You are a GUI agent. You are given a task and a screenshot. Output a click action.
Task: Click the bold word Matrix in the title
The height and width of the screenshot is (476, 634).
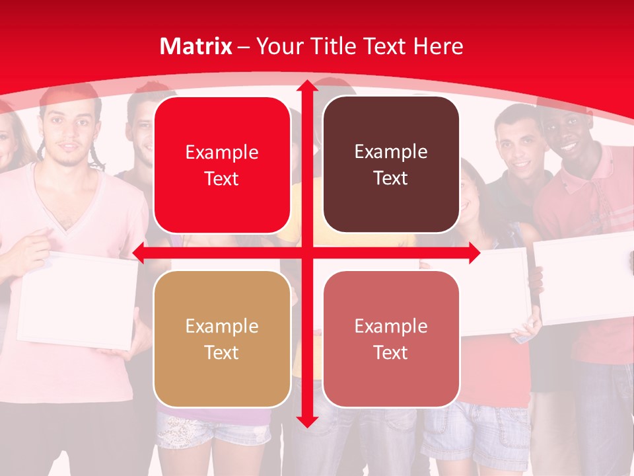[x=196, y=46]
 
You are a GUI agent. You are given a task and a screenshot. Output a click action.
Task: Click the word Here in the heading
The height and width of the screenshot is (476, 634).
[x=439, y=46]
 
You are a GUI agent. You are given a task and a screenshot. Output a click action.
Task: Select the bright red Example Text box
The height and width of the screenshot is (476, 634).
[x=222, y=165]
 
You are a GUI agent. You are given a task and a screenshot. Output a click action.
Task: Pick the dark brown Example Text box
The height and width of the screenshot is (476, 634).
[x=391, y=165]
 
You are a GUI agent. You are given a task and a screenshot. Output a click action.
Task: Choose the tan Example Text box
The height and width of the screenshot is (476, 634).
[x=222, y=338]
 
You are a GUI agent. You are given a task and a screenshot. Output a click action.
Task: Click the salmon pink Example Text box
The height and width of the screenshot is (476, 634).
[x=391, y=338]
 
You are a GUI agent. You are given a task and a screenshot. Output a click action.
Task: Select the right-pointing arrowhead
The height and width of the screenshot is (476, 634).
[x=474, y=253]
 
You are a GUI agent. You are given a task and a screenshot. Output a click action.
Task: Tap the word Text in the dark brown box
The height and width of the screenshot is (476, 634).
[x=391, y=178]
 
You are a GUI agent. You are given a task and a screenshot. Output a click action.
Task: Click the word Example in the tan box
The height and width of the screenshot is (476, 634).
[x=222, y=326]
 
